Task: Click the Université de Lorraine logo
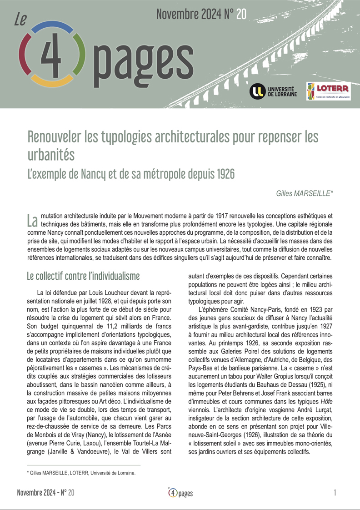273,91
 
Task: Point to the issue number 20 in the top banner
241,15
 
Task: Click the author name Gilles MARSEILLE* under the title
305,193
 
